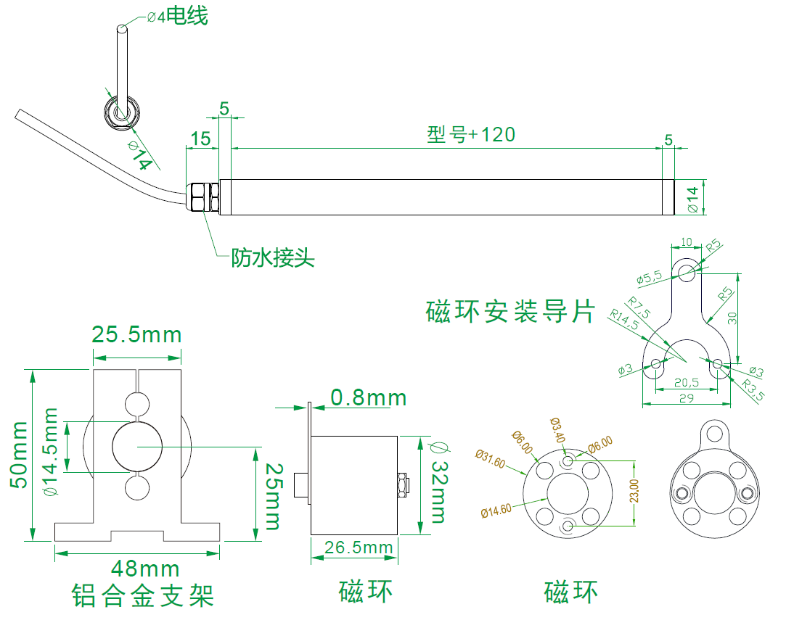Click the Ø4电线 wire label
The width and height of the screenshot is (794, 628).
tap(177, 16)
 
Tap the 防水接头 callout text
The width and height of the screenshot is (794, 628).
tap(273, 257)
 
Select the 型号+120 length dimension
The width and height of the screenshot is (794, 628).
tap(471, 134)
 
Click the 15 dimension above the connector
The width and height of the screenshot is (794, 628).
tap(201, 139)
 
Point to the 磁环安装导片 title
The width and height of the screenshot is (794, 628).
tap(510, 312)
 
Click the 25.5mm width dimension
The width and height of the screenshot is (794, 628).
tap(136, 335)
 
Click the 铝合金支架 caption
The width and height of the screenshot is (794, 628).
tap(143, 596)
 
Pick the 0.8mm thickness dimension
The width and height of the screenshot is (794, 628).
tap(368, 397)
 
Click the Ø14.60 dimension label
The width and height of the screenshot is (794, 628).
tap(496, 510)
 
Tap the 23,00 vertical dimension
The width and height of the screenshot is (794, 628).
tap(634, 491)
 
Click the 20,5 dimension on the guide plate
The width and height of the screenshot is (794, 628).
tap(687, 382)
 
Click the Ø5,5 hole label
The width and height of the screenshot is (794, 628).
tap(650, 278)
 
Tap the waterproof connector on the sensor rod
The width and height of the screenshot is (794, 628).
tap(202, 198)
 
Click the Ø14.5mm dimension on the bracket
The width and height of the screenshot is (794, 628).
tap(50, 451)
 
